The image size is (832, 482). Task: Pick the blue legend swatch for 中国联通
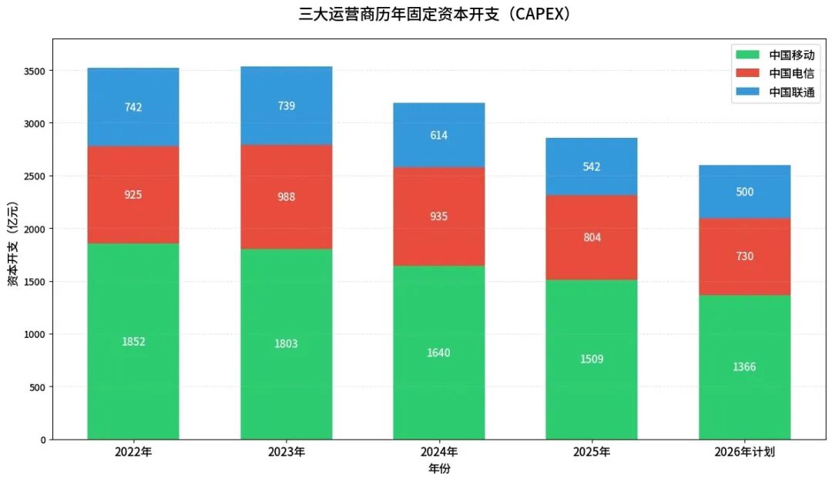pyautogui.click(x=748, y=92)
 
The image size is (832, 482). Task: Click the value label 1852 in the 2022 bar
pyautogui.click(x=133, y=342)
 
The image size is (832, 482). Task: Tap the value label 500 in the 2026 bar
pyautogui.click(x=745, y=192)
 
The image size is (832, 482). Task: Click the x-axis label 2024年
pyautogui.click(x=439, y=452)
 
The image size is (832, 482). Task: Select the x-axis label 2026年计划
pyautogui.click(x=745, y=452)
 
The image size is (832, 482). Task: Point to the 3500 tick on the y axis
pyautogui.click(x=35, y=71)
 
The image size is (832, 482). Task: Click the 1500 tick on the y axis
pyautogui.click(x=35, y=282)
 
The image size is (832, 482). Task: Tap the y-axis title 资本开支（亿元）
pyautogui.click(x=13, y=239)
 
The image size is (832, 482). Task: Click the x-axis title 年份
pyautogui.click(x=439, y=469)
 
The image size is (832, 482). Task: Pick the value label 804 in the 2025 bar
pyautogui.click(x=592, y=238)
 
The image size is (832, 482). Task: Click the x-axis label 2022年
pyautogui.click(x=133, y=452)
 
